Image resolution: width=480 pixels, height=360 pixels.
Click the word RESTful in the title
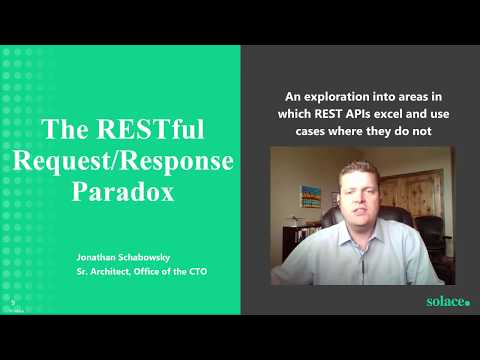[x=150, y=129]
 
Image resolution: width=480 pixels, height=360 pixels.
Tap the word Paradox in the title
[x=123, y=192]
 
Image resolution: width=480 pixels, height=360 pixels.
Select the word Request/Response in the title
[x=123, y=161]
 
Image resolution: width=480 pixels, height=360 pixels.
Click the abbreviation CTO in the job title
[x=198, y=271]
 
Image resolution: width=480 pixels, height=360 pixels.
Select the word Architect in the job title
[x=109, y=271]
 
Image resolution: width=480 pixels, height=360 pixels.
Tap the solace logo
[x=448, y=301]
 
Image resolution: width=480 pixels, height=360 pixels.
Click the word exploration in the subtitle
[x=337, y=97]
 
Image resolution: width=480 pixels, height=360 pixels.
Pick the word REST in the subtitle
[x=328, y=114]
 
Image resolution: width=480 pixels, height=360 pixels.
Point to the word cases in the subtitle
[x=310, y=131]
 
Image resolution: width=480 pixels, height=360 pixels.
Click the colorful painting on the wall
[x=311, y=196]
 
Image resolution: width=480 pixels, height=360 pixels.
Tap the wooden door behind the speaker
[x=413, y=195]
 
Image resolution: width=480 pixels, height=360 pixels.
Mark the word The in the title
[x=65, y=129]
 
